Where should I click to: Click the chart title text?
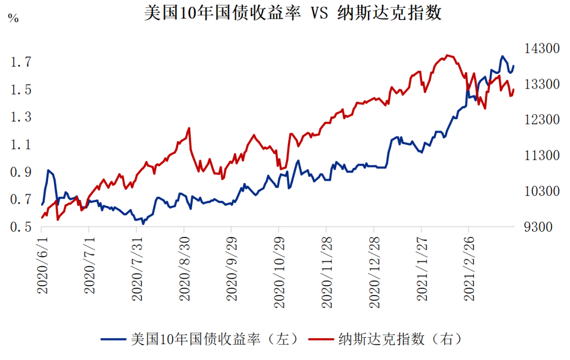pyautogui.click(x=293, y=13)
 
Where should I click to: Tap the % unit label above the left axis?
pyautogui.click(x=13, y=18)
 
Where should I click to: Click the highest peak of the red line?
pyautogui.click(x=448, y=55)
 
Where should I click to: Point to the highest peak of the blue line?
pyautogui.click(x=502, y=56)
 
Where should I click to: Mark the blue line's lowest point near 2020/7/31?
pyautogui.click(x=142, y=224)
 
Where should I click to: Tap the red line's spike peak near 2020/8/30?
pyautogui.click(x=189, y=128)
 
